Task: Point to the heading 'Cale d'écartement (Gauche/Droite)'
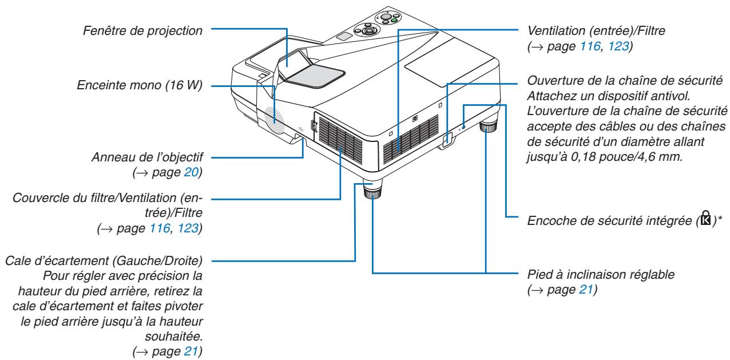pyautogui.click(x=109, y=262)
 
